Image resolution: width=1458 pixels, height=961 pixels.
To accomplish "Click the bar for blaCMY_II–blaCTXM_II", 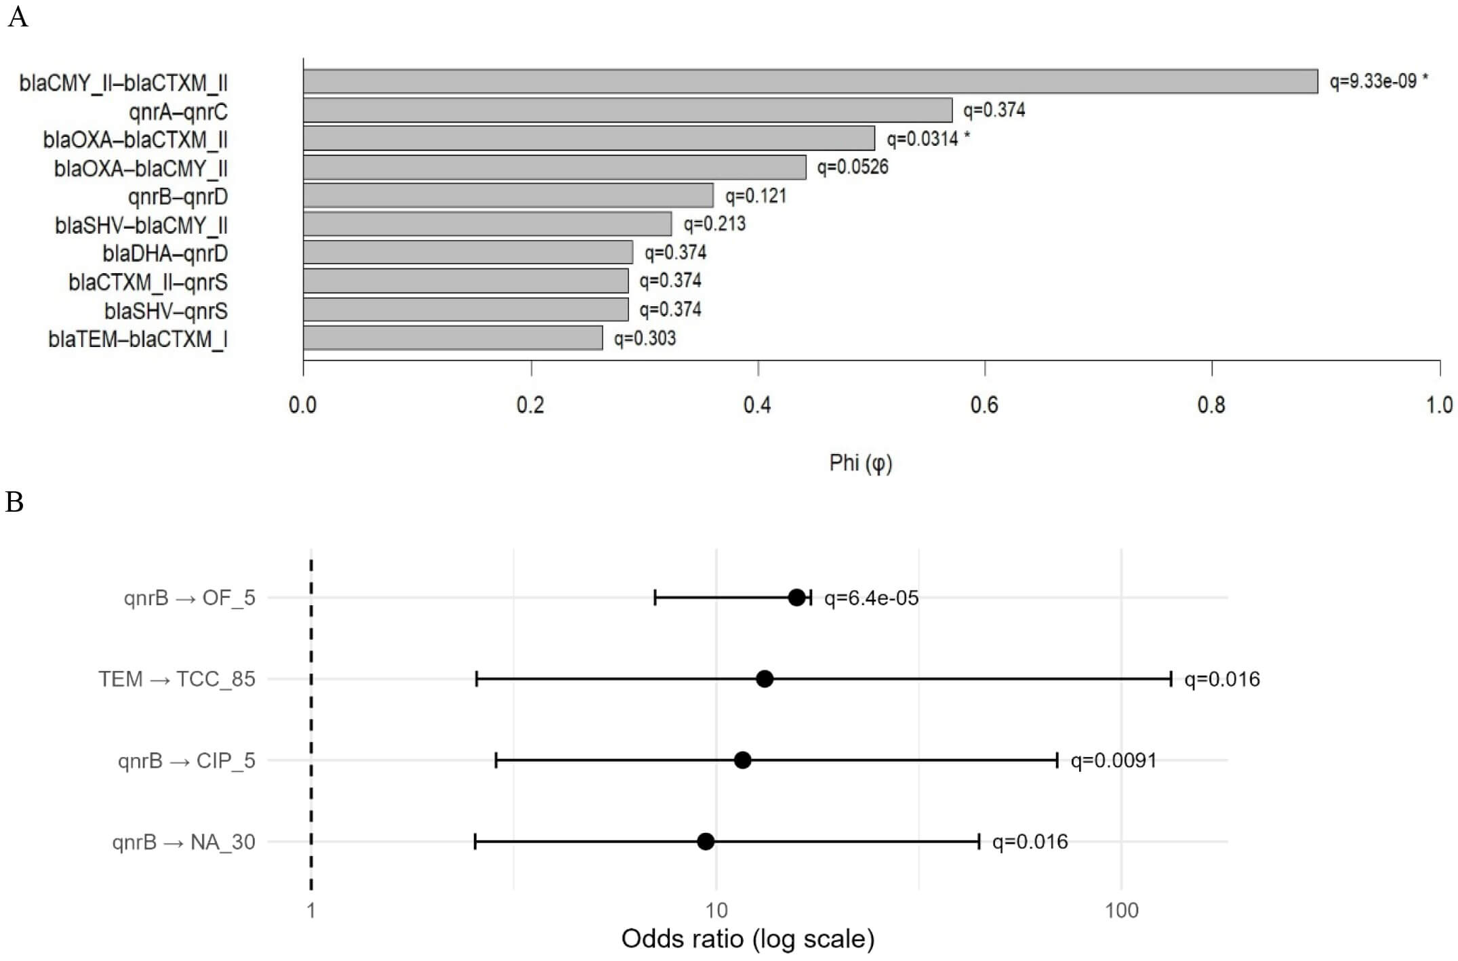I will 810,81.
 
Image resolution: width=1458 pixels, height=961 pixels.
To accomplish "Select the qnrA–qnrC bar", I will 627,110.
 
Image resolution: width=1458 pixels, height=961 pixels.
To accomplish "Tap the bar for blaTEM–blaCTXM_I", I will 453,338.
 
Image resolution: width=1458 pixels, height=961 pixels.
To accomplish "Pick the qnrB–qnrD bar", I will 508,195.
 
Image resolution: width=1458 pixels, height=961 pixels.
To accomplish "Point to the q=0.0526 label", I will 852,167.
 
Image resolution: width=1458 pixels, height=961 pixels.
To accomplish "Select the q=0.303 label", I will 645,338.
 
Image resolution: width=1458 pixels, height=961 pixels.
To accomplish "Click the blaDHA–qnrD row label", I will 165,253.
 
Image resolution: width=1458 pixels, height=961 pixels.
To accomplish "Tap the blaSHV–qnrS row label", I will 165,311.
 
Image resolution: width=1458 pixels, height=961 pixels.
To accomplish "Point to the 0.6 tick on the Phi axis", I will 984,405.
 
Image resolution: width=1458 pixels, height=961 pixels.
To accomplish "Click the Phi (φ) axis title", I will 860,463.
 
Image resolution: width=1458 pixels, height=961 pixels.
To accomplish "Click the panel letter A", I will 18,17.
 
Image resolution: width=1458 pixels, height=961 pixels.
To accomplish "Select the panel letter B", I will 15,502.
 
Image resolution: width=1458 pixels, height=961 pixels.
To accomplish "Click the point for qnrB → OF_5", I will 796,598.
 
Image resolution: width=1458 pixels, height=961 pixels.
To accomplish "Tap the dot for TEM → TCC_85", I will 765,679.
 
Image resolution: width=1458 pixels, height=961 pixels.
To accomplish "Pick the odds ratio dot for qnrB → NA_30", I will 706,842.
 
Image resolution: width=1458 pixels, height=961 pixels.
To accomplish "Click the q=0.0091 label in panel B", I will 1113,760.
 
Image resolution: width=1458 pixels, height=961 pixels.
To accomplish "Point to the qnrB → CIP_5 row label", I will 186,761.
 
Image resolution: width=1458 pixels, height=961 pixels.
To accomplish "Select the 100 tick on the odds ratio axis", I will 1121,910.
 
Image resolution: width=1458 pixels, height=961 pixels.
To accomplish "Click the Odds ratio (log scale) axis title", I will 748,939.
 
